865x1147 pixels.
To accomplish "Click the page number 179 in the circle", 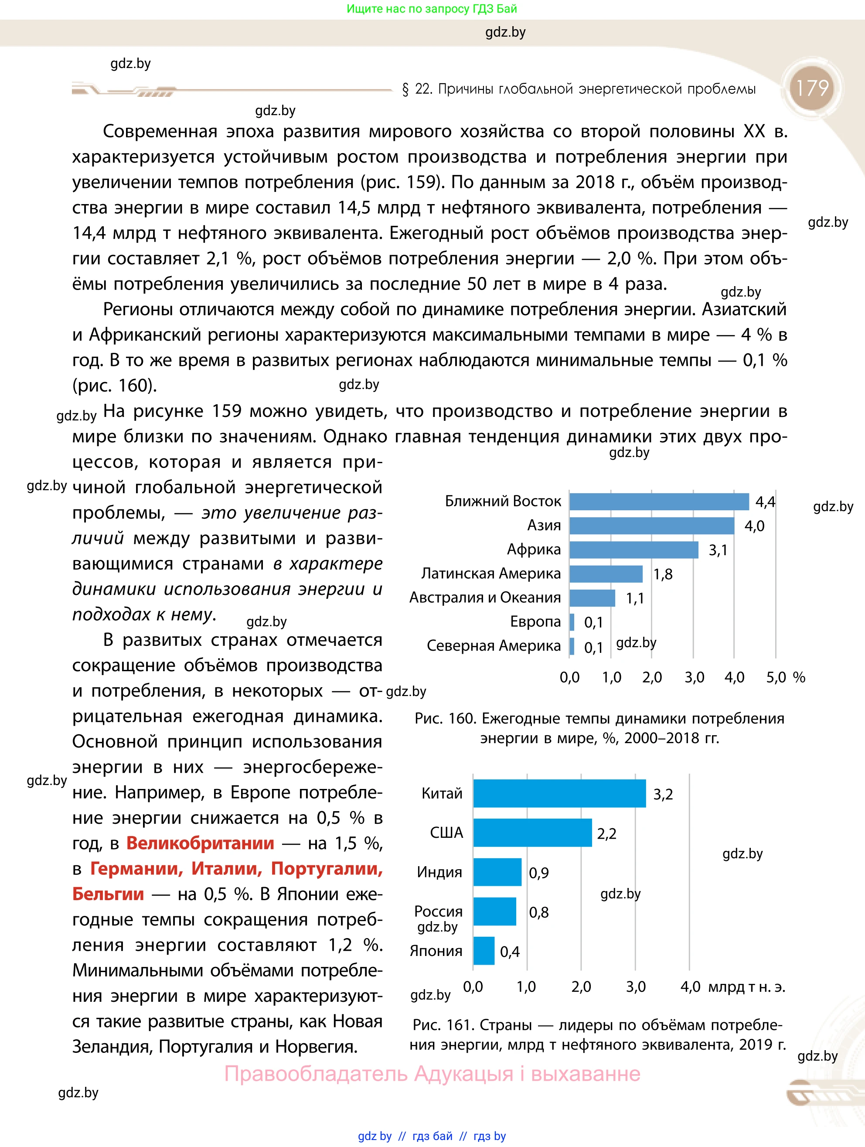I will coord(812,88).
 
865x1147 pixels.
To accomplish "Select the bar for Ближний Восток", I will coord(659,502).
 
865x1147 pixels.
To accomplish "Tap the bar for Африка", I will coord(633,550).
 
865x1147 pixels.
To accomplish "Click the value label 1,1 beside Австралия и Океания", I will coord(634,598).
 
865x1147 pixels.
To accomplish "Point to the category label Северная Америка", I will coord(494,645).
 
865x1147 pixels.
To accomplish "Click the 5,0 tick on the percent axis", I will coord(776,677).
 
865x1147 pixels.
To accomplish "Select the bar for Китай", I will coord(559,793).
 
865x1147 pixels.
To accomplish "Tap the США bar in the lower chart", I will coord(532,833).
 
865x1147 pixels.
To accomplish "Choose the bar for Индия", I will coord(497,872).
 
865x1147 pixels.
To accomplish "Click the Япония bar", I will coord(484,951).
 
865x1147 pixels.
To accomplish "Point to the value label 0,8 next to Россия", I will coord(538,912).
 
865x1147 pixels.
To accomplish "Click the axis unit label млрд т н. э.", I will coord(746,987).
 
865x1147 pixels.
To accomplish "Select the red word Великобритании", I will coord(200,843).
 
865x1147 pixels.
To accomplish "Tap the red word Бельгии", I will coord(108,894).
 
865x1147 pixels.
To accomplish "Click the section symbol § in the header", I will coord(405,89).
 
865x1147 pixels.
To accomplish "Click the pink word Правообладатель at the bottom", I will coord(316,1073).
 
